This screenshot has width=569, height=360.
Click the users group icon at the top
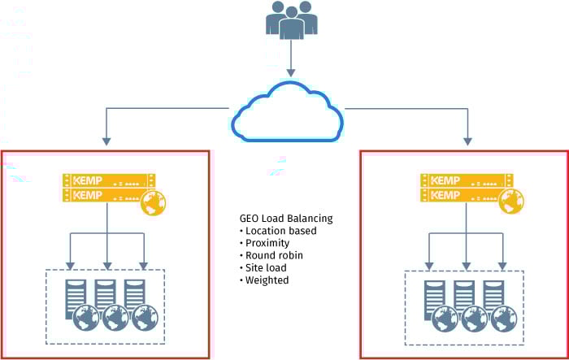[x=290, y=20]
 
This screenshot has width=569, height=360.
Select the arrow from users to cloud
[x=290, y=62]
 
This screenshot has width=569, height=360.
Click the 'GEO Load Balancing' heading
[x=285, y=219]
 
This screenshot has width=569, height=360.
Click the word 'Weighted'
[x=268, y=280]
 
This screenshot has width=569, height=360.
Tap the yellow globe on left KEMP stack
[x=150, y=204]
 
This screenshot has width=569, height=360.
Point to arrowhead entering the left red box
[x=106, y=143]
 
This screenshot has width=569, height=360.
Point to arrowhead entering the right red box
[x=467, y=143]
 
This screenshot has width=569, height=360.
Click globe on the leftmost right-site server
[x=444, y=317]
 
